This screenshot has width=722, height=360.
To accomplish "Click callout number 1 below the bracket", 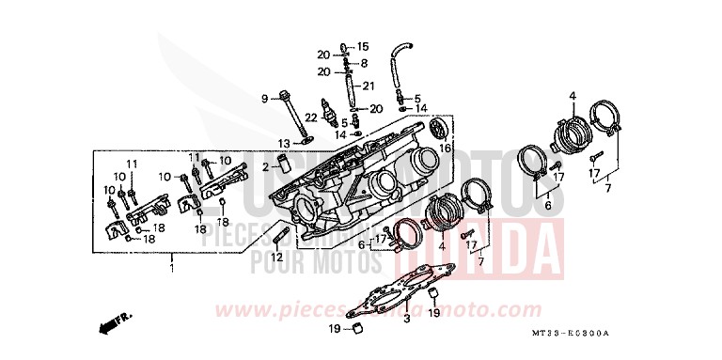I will coord(172,269).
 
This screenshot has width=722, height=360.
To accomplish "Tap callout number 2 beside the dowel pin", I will coord(266,166).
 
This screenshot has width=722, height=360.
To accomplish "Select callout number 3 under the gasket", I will coord(407,321).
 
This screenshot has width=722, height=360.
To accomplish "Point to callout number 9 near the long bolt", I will coord(266,98).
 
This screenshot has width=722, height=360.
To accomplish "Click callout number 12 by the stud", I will coord(277,257).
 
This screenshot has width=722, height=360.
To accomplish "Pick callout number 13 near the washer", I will coord(283,142).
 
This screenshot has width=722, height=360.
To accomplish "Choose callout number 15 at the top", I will coord(364,46).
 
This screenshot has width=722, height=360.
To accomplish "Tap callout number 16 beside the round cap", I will coord(446,149).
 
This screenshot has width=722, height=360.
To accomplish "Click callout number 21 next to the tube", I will coord(369,86).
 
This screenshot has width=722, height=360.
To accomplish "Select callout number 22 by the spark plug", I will coord(310,117).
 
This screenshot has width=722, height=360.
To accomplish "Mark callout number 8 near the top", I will coord(364,63).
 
